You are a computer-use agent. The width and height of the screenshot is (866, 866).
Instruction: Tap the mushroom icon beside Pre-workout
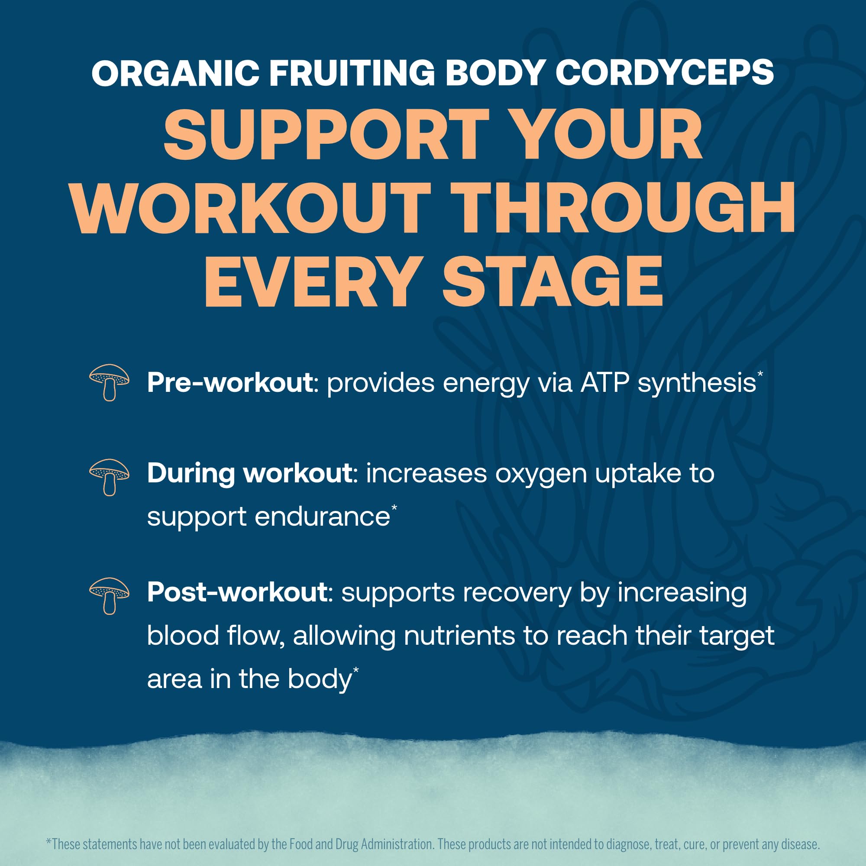(110, 382)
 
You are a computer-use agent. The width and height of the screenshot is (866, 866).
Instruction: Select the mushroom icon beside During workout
(110, 477)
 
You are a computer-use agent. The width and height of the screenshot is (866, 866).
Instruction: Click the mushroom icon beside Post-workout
(110, 596)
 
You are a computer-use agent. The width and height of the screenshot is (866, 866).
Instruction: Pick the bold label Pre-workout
(229, 383)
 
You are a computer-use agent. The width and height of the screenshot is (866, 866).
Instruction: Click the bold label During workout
(250, 473)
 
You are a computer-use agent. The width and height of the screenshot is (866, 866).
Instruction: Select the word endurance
(322, 517)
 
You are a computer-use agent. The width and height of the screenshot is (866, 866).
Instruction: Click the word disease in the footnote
(799, 844)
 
